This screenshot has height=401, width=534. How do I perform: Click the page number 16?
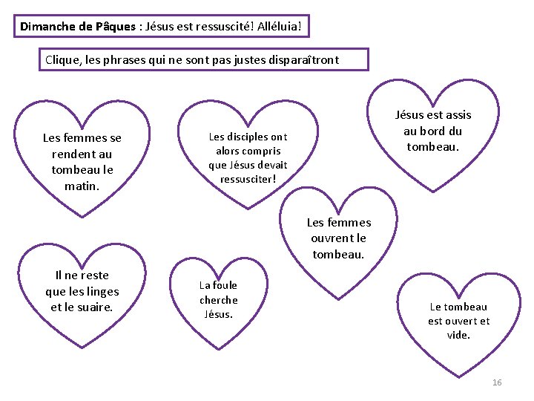pyautogui.click(x=497, y=382)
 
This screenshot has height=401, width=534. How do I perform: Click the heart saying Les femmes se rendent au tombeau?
pyautogui.click(x=82, y=161)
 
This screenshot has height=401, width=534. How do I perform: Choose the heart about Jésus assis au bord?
pyautogui.click(x=433, y=130)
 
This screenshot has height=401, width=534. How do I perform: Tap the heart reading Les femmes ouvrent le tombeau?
pyautogui.click(x=338, y=238)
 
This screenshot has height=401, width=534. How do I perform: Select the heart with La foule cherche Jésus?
pyautogui.click(x=218, y=299)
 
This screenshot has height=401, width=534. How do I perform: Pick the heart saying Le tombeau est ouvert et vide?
pyautogui.click(x=458, y=321)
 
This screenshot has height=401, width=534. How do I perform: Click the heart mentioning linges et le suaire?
pyautogui.click(x=82, y=291)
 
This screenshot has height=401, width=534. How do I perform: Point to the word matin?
pyautogui.click(x=82, y=186)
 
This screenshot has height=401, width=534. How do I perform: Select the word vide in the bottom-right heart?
pyautogui.click(x=458, y=336)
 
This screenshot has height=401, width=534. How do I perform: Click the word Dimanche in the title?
pyautogui.click(x=47, y=27)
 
